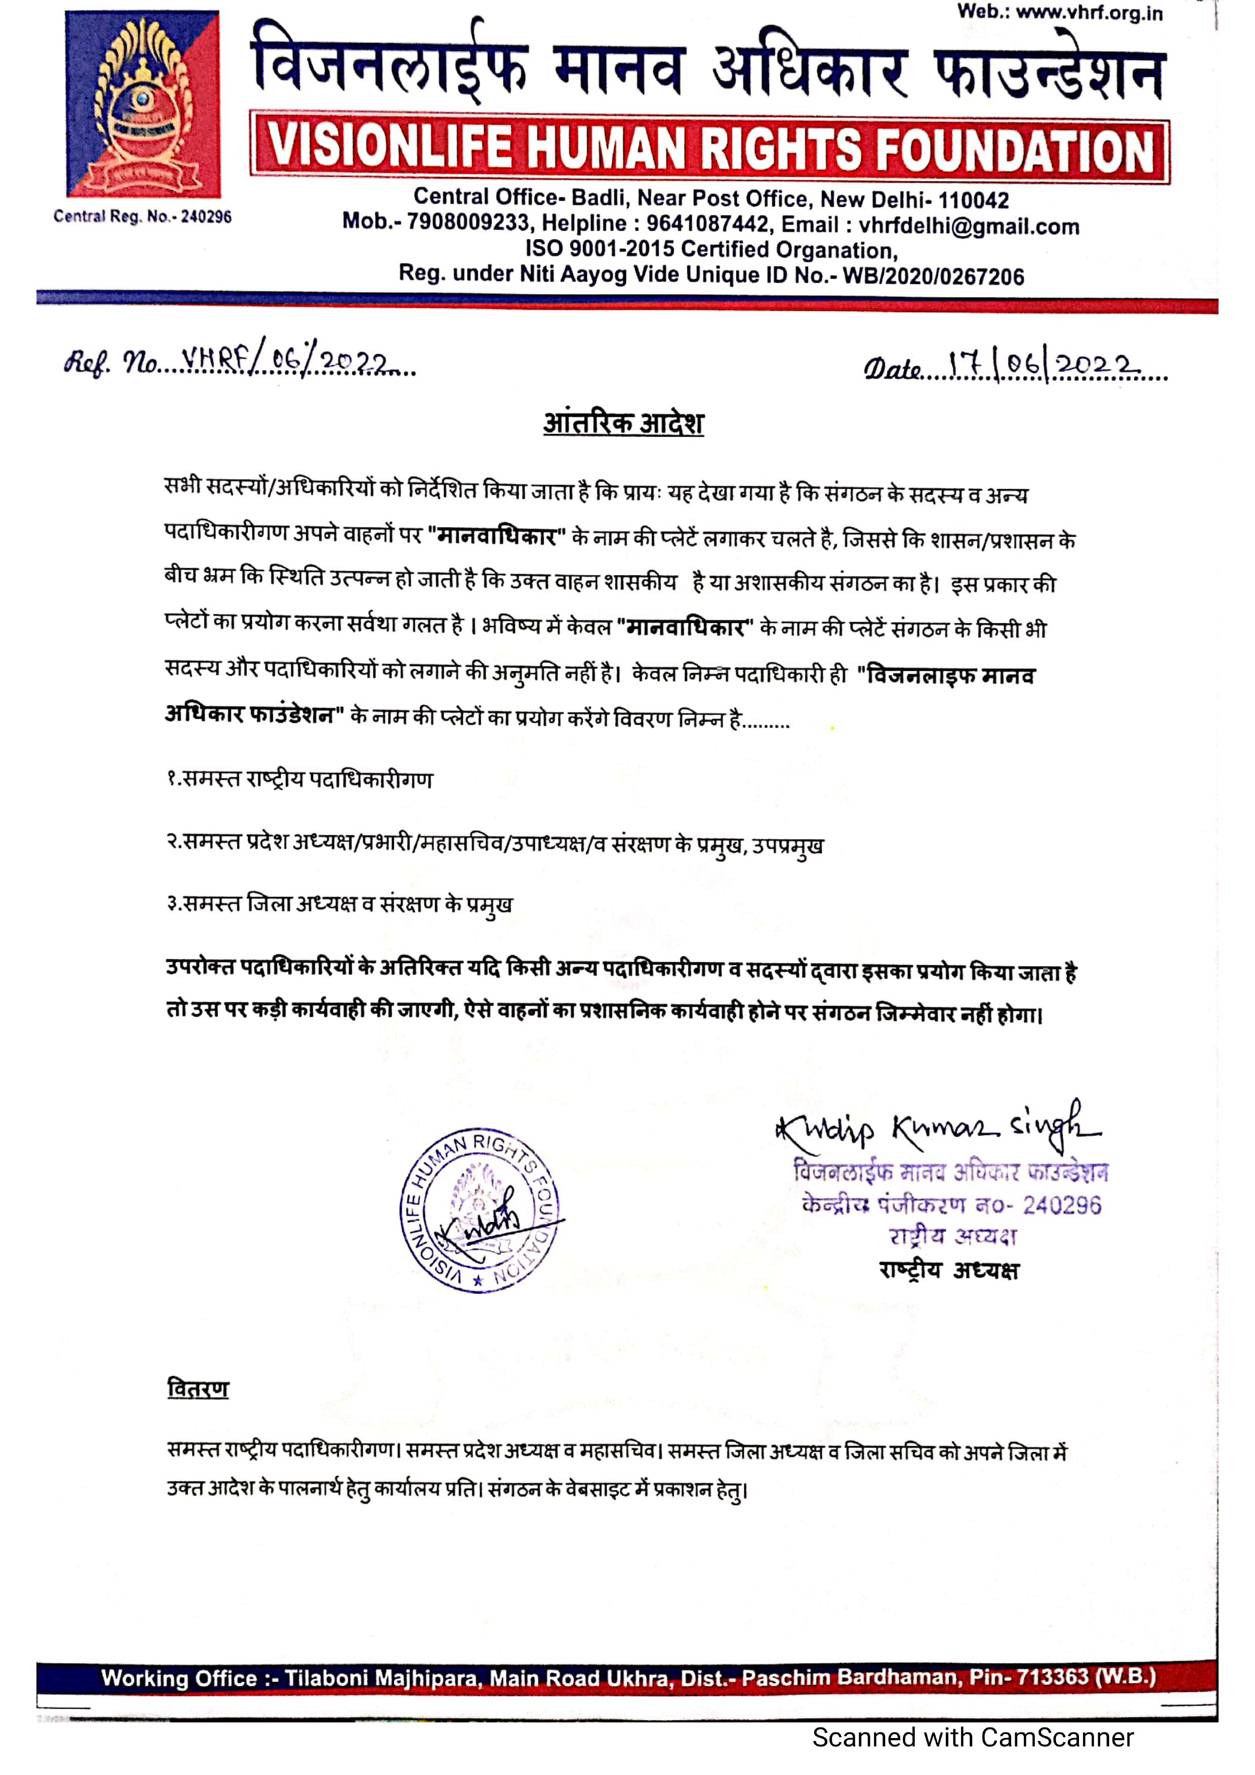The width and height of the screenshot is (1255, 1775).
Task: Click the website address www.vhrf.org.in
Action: point(1089,13)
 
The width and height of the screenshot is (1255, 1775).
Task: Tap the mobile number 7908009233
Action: point(468,224)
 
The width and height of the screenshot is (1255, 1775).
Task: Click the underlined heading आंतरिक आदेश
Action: point(623,424)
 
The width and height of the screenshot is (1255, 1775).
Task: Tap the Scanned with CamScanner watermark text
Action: point(973,1737)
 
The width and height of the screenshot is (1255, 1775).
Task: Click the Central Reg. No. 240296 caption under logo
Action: point(142,217)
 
